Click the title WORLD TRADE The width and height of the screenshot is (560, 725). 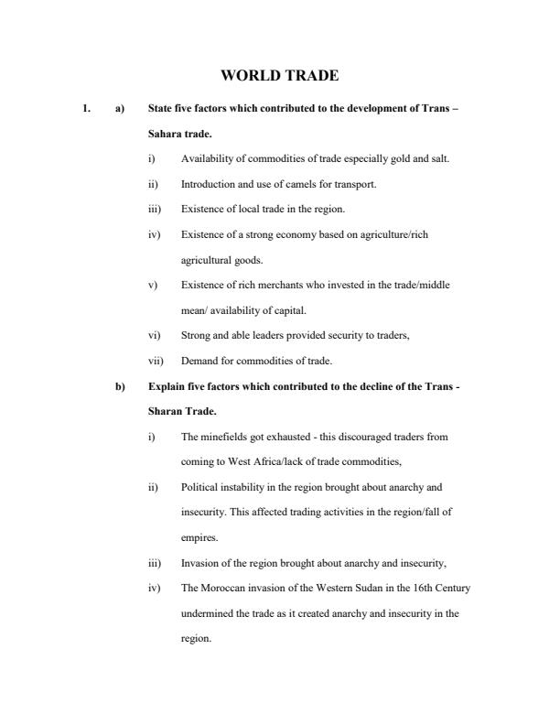[279, 76]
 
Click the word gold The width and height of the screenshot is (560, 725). [387, 159]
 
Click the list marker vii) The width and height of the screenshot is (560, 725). [156, 361]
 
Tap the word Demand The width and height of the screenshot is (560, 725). [199, 361]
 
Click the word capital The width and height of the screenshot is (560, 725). [291, 310]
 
